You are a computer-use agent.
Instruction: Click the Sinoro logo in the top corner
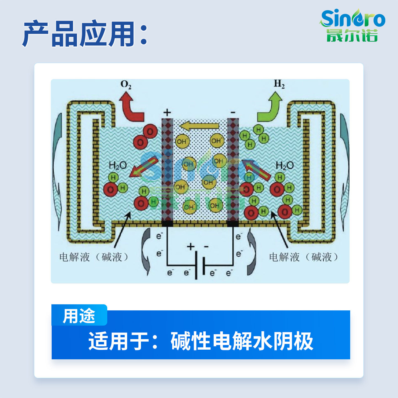point(352,25)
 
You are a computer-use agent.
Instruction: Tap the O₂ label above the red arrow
point(126,85)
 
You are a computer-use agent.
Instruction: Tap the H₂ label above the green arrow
point(279,84)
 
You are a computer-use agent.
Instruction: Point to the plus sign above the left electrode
point(167,112)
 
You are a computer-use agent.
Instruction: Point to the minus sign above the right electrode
point(233,112)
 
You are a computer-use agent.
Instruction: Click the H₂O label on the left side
point(118,166)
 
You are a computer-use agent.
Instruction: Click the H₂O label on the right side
point(285,166)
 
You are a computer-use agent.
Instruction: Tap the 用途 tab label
point(79,316)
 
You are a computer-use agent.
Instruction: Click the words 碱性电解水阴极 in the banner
point(242,341)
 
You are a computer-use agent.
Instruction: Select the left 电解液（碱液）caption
point(94,257)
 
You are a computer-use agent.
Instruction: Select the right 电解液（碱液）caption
point(304,257)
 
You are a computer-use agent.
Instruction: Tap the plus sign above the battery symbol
point(191,247)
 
